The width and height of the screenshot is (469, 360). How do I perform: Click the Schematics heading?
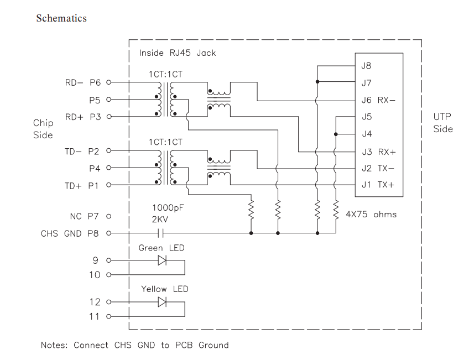pyautogui.click(x=61, y=18)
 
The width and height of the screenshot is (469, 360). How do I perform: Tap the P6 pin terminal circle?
pyautogui.click(x=108, y=82)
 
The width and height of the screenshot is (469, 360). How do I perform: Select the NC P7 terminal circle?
pyautogui.click(x=108, y=216)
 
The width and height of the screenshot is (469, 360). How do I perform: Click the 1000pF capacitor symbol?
pyautogui.click(x=162, y=233)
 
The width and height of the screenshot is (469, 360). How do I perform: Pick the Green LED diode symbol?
pyautogui.click(x=162, y=260)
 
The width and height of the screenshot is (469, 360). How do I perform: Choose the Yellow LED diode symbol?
pyautogui.click(x=162, y=302)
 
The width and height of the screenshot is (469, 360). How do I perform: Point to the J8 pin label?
pyautogui.click(x=366, y=66)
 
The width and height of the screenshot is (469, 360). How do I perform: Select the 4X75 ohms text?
pyautogui.click(x=371, y=214)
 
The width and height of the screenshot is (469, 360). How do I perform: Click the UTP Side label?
pyautogui.click(x=443, y=123)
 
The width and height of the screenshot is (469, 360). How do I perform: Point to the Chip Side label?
pyautogui.click(x=43, y=129)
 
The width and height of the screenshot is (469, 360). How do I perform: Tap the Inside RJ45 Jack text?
pyautogui.click(x=178, y=53)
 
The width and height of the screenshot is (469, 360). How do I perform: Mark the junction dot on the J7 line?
pyautogui.click(x=317, y=82)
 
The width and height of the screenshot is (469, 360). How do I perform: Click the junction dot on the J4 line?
pyautogui.click(x=336, y=134)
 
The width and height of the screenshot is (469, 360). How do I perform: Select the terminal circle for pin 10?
pyautogui.click(x=108, y=275)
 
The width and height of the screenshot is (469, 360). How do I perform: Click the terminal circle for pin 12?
pyautogui.click(x=108, y=302)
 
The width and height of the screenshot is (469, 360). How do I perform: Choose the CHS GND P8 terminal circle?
pyautogui.click(x=108, y=233)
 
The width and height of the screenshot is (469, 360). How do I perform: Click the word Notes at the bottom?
pyautogui.click(x=54, y=345)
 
